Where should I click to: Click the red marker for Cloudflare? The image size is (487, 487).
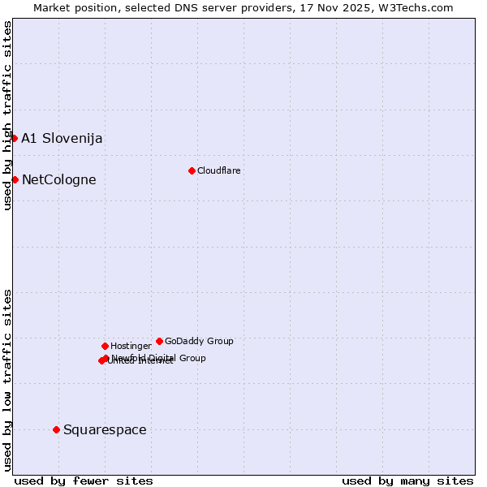(192, 170)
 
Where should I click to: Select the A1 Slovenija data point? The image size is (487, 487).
(14, 138)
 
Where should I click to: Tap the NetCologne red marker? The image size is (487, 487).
(15, 179)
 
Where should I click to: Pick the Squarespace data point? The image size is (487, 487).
(56, 429)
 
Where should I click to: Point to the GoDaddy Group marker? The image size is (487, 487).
(159, 341)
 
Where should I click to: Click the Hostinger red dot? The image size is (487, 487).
(105, 346)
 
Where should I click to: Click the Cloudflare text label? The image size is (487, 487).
(218, 170)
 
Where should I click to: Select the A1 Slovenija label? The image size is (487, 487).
(62, 138)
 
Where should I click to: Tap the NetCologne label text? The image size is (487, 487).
(58, 179)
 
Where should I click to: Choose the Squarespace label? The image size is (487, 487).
(105, 429)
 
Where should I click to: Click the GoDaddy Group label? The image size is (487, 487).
(199, 341)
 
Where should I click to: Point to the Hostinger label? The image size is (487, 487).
(131, 346)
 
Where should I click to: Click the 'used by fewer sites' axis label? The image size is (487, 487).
(84, 481)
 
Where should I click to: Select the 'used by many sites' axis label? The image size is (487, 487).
(407, 481)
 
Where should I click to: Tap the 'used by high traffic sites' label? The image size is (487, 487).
(7, 115)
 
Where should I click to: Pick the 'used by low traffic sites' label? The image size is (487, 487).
(7, 379)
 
